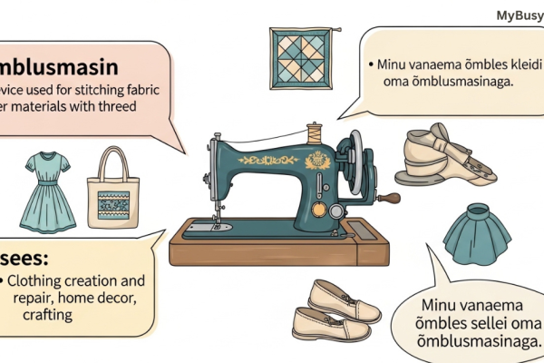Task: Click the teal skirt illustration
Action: tap(472, 231)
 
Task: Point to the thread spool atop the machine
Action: tap(315, 132)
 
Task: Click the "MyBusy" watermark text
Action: tap(520, 15)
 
